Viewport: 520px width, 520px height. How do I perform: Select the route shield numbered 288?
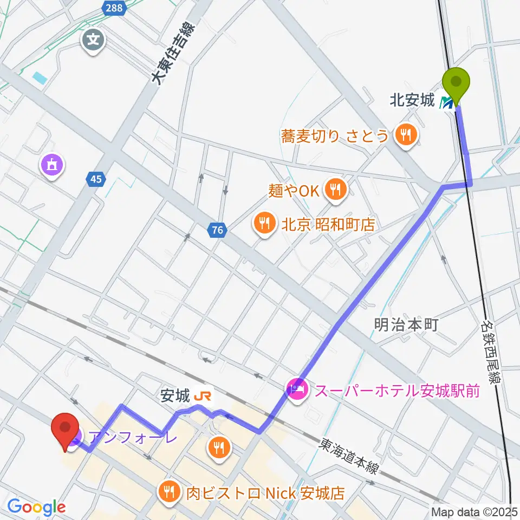click(x=114, y=8)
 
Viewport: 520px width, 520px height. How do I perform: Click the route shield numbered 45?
click(x=96, y=179)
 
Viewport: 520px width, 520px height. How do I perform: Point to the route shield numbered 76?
click(x=217, y=231)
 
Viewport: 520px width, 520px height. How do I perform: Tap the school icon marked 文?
click(x=93, y=40)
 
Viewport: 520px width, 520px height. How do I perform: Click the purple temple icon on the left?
click(x=51, y=164)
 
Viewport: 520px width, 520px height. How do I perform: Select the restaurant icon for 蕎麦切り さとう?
click(x=405, y=135)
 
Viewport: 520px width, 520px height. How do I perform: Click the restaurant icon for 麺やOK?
click(x=335, y=190)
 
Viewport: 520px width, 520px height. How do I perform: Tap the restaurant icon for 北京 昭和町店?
click(x=264, y=224)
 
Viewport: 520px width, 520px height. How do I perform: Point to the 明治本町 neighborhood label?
click(x=406, y=325)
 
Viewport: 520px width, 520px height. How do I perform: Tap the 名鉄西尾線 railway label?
click(x=489, y=350)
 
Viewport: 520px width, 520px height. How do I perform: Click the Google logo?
click(x=37, y=507)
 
